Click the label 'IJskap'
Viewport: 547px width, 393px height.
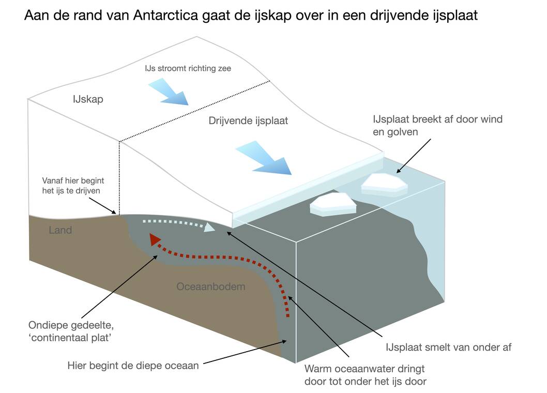click(x=88, y=99)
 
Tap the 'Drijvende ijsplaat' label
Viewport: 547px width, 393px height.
click(x=248, y=121)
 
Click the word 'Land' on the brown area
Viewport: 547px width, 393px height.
click(x=60, y=230)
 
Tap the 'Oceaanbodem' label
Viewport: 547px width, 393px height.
click(x=210, y=286)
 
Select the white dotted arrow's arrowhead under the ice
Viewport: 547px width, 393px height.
click(x=209, y=227)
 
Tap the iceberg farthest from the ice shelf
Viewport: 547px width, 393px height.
click(x=384, y=184)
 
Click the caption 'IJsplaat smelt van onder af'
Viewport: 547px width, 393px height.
click(x=448, y=347)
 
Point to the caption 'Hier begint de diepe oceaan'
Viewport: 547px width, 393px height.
click(x=133, y=366)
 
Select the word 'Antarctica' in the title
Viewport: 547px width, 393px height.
click(x=163, y=16)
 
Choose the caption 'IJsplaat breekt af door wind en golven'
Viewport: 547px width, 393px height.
click(x=437, y=125)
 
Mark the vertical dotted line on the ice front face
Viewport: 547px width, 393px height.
click(x=119, y=176)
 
